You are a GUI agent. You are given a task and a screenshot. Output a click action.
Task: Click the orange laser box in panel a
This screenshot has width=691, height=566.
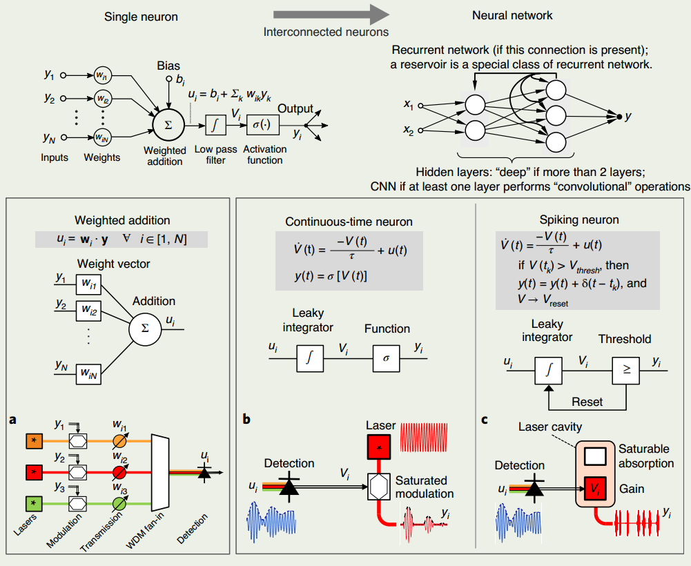pyautogui.click(x=35, y=441)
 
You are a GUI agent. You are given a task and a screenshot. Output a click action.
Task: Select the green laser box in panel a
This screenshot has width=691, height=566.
pyautogui.click(x=35, y=503)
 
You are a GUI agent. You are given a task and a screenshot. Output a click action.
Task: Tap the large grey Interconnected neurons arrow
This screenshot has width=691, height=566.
pyautogui.click(x=331, y=14)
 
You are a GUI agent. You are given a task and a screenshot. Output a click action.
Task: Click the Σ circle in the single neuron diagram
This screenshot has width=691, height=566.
pyautogui.click(x=168, y=125)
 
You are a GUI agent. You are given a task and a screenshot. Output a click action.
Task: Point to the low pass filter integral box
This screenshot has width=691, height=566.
pyautogui.click(x=215, y=125)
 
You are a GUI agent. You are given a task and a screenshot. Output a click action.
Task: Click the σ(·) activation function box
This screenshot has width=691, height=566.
pyautogui.click(x=262, y=125)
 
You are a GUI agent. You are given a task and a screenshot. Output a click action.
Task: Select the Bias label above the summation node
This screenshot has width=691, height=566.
pyautogui.click(x=168, y=66)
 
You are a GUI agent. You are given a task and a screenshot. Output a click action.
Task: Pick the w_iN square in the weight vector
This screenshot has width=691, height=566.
pyautogui.click(x=88, y=374)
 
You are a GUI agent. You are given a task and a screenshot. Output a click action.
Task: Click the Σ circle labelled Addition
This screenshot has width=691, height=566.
pyautogui.click(x=145, y=329)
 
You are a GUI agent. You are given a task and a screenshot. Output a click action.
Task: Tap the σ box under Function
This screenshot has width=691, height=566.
pyautogui.click(x=387, y=358)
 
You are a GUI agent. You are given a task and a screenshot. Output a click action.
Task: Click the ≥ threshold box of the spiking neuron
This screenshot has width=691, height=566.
pyautogui.click(x=626, y=370)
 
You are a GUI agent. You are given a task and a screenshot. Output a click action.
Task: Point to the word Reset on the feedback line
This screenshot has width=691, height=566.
pyautogui.click(x=587, y=402)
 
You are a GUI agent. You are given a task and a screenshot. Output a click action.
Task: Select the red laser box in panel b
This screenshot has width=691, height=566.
pyautogui.click(x=379, y=447)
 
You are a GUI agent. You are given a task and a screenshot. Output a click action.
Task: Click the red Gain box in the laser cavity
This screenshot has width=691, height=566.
pyautogui.click(x=595, y=489)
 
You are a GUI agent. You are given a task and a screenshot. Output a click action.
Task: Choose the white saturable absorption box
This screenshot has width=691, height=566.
pyautogui.click(x=595, y=456)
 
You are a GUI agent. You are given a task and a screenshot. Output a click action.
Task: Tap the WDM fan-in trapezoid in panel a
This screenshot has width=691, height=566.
pyautogui.click(x=160, y=471)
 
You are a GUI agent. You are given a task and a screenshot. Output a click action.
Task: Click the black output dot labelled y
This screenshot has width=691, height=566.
pyautogui.click(x=619, y=117)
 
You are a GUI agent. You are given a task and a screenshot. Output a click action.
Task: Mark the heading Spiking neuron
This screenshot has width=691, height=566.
pyautogui.click(x=579, y=220)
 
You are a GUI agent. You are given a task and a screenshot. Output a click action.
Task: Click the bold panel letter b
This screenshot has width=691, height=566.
pyautogui.click(x=246, y=419)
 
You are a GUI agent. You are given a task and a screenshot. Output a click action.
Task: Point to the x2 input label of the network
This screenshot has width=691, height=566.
pyautogui.click(x=409, y=130)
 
